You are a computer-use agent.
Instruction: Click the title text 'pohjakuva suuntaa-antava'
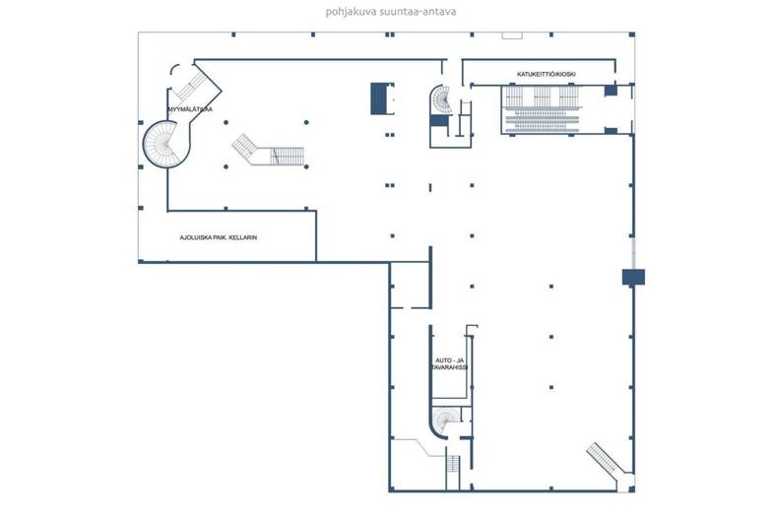pyautogui.click(x=391, y=12)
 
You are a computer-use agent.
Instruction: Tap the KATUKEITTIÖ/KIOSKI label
pyautogui.click(x=547, y=74)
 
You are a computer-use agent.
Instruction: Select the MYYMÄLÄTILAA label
pyautogui.click(x=190, y=109)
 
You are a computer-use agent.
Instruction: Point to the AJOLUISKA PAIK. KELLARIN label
pyautogui.click(x=219, y=237)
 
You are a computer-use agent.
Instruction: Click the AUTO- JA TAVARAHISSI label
pyautogui.click(x=449, y=364)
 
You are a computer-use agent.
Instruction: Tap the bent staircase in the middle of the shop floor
pyautogui.click(x=268, y=151)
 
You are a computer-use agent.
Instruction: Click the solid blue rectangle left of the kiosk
pyautogui.click(x=380, y=98)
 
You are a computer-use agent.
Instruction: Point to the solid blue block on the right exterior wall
pyautogui.click(x=633, y=277)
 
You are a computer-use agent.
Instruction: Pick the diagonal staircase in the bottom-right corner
pyautogui.click(x=607, y=461)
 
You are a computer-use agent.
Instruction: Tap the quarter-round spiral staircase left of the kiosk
pyautogui.click(x=442, y=100)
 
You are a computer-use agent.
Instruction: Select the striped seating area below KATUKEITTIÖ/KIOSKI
pyautogui.click(x=542, y=109)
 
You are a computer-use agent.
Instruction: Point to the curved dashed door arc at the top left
pyautogui.click(x=173, y=69)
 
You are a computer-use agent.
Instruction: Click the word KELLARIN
pyautogui.click(x=243, y=237)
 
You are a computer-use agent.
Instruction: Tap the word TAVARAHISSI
pyautogui.click(x=449, y=367)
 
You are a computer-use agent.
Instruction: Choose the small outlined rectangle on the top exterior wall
pyautogui.click(x=512, y=35)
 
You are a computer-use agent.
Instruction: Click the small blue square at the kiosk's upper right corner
pyautogui.click(x=612, y=91)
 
